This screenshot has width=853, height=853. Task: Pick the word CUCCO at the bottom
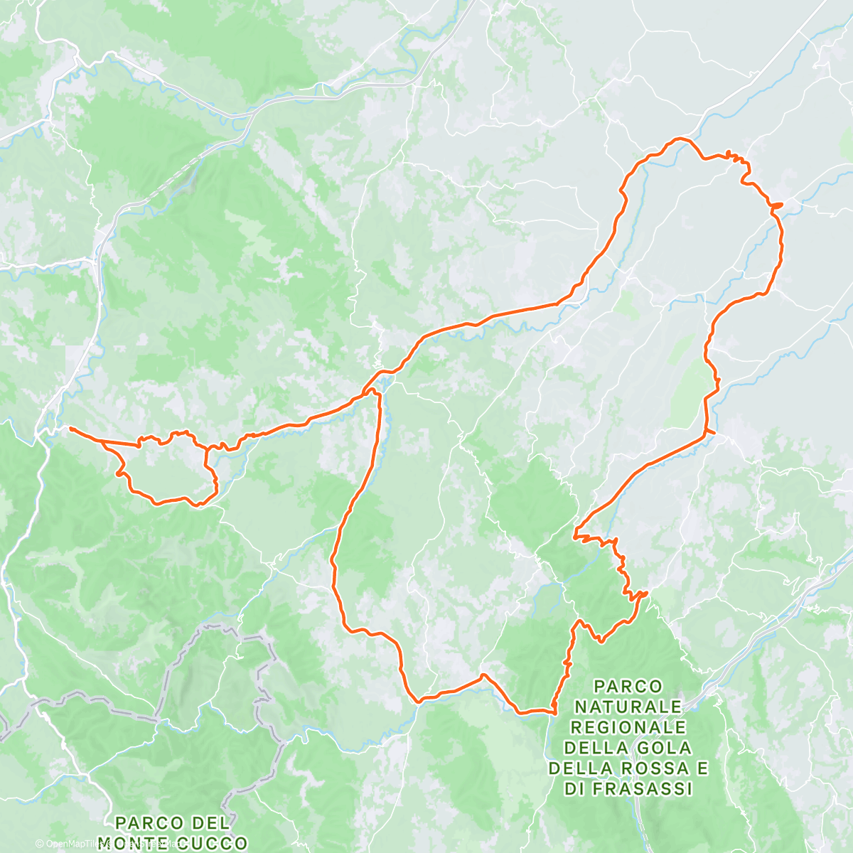click(211, 844)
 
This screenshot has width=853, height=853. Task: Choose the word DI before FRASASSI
click(576, 789)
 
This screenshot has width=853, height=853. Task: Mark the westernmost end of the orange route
click(70, 428)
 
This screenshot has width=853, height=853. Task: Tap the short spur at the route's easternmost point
click(780, 205)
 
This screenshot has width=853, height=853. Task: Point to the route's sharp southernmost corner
click(553, 710)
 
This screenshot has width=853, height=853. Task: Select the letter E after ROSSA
click(702, 768)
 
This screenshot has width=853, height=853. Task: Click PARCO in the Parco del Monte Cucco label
click(147, 823)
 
